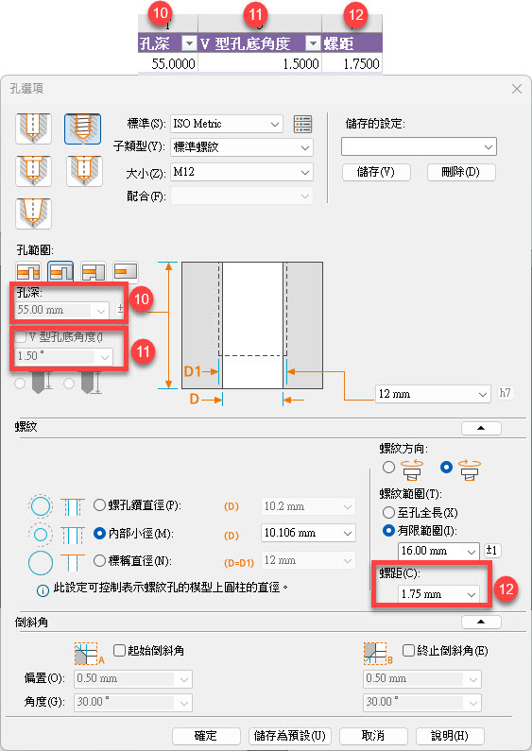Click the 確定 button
click(206, 736)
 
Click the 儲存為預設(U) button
click(289, 736)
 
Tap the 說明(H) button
click(450, 736)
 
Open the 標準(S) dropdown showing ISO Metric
click(227, 124)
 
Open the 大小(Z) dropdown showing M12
click(242, 172)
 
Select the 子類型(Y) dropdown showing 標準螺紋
click(242, 147)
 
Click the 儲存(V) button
click(376, 172)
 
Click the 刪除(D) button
click(461, 172)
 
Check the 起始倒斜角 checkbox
click(119, 651)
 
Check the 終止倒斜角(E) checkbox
click(408, 651)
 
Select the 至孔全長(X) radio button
click(388, 513)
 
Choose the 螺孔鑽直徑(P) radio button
click(99, 505)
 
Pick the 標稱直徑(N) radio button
click(99, 560)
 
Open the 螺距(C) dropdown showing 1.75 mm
click(438, 594)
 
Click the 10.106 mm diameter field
click(308, 533)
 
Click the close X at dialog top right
click(517, 89)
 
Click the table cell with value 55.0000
click(168, 63)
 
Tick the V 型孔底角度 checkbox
click(21, 337)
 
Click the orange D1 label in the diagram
click(193, 371)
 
